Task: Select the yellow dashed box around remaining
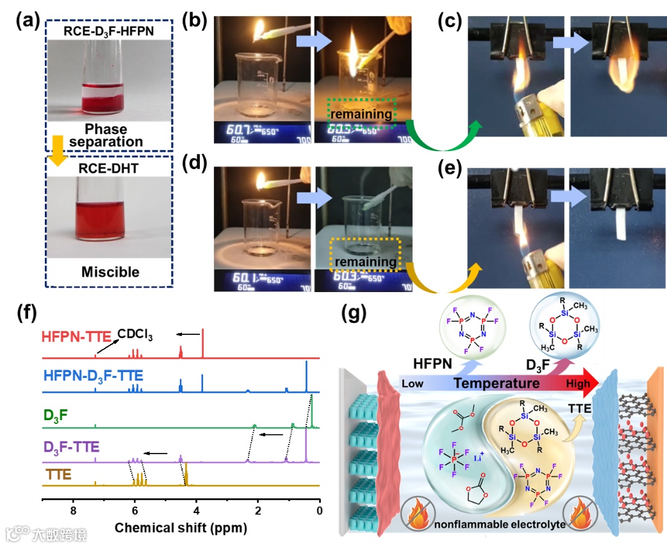[364, 255]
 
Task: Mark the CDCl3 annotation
[135, 333]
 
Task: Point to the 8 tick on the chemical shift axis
[73, 510]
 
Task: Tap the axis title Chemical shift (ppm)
[181, 529]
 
